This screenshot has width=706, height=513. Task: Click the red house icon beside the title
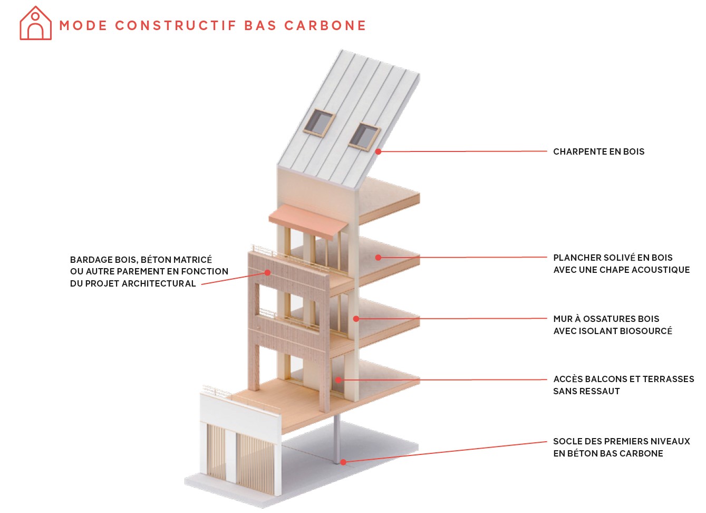[x=35, y=24]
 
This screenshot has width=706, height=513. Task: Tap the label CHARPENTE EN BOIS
[x=598, y=152]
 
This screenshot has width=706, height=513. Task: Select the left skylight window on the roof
[x=318, y=123]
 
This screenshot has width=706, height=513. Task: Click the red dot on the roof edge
[x=378, y=151]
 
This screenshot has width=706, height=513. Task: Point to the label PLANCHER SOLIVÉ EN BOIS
[x=613, y=258]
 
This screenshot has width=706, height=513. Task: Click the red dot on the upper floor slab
[x=378, y=258]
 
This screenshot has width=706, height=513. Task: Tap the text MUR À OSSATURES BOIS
[x=606, y=319]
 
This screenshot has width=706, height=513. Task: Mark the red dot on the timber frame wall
[x=356, y=319]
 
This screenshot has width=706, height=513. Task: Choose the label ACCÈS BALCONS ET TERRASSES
[x=623, y=379]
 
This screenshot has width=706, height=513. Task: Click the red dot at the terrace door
[x=339, y=379]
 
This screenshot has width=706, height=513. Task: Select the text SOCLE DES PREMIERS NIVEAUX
[x=621, y=442]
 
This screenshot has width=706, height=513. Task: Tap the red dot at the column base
[x=343, y=462]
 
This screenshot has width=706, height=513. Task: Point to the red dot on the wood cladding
[x=268, y=273]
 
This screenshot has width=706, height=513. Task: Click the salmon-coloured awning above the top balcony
[x=308, y=218]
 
